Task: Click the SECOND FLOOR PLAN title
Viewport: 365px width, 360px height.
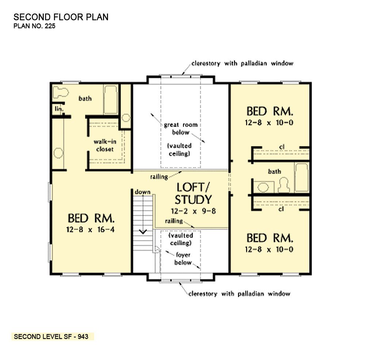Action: [61, 17]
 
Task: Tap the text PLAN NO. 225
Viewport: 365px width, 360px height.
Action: [35, 26]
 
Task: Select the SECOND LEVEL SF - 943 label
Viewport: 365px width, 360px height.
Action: [51, 337]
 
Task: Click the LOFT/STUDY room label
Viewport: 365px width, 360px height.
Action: [193, 193]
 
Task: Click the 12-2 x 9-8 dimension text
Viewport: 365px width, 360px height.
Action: [193, 211]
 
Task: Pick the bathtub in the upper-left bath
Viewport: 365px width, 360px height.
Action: [110, 100]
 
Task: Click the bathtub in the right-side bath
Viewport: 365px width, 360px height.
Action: [301, 178]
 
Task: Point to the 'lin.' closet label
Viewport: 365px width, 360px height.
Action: [58, 109]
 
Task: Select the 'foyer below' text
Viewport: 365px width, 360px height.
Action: [182, 258]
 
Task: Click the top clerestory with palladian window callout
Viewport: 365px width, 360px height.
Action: [242, 64]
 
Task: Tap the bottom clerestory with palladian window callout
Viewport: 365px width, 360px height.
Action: [239, 294]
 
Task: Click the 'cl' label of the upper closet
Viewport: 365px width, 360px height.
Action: [281, 147]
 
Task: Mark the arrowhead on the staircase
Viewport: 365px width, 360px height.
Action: [143, 231]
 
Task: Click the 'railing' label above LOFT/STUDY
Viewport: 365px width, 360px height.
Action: [159, 177]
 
